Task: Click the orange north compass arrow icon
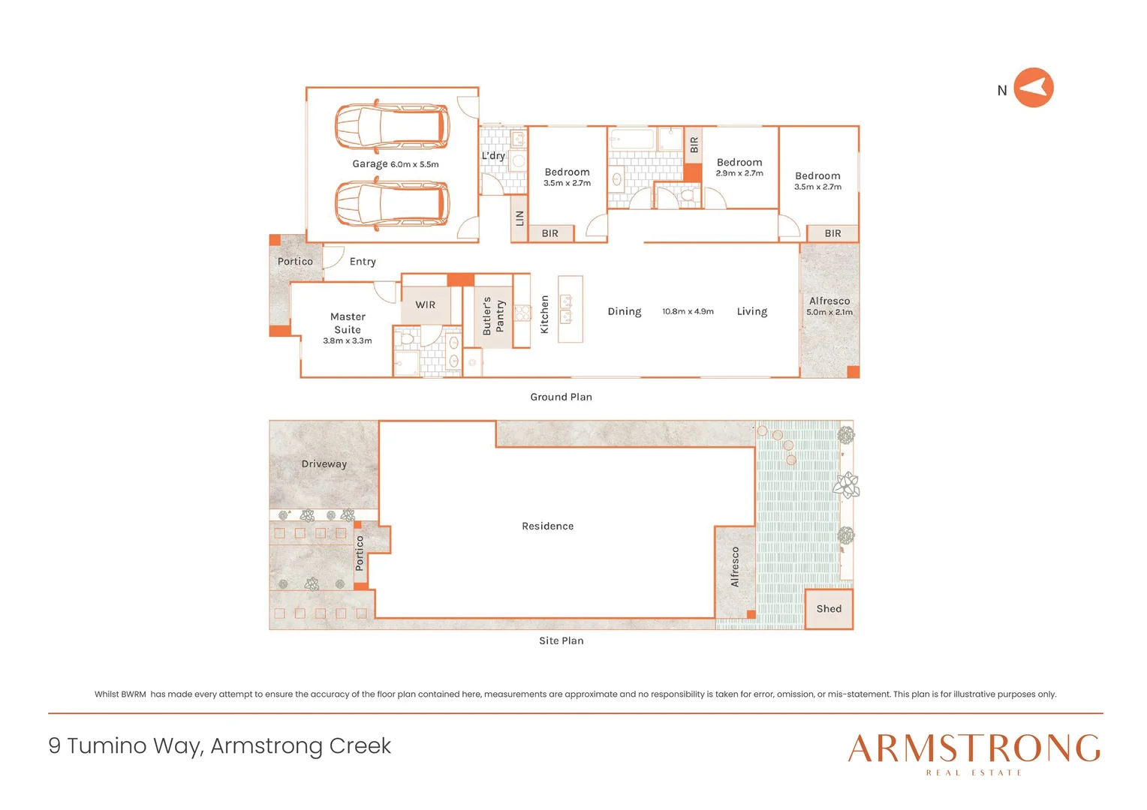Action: pos(1033,88)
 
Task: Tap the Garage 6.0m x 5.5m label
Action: pos(395,164)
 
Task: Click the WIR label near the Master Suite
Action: pos(425,305)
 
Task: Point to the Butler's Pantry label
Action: pos(493,316)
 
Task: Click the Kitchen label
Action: pos(545,314)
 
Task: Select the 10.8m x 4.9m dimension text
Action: pos(688,311)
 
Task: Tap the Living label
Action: pos(751,311)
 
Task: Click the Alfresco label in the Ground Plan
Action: pos(829,301)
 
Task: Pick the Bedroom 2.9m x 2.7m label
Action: pos(739,167)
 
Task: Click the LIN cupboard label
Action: pos(519,218)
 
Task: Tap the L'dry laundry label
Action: pos(493,156)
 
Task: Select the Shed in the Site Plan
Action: pos(829,609)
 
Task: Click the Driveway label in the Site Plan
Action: pos(324,464)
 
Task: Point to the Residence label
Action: pos(547,526)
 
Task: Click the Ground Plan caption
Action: pos(561,397)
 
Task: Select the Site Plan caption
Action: pos(561,640)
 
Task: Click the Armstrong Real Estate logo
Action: pos(974,753)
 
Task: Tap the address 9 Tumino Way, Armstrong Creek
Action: pos(220,745)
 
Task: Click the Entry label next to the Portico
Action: pos(363,262)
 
